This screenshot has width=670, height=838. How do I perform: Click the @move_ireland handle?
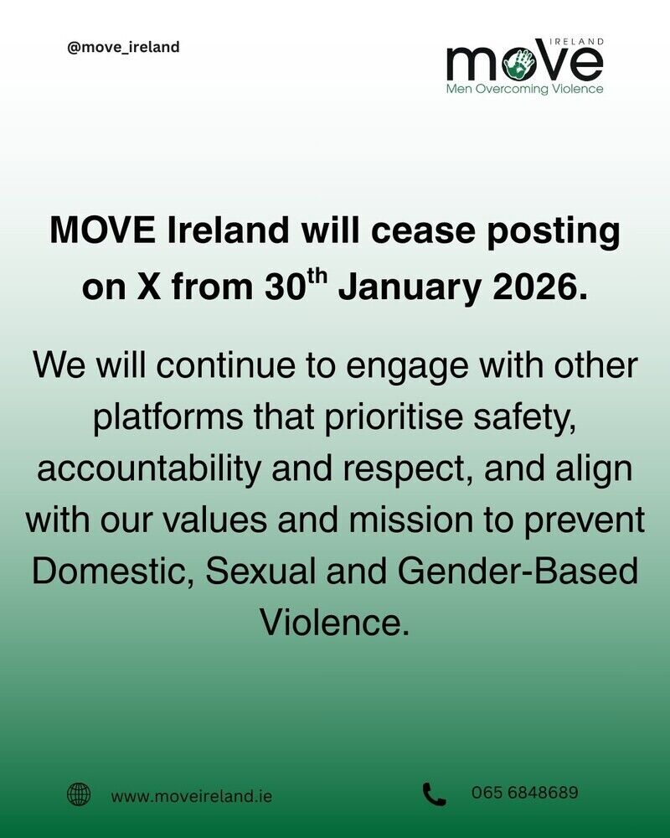123,47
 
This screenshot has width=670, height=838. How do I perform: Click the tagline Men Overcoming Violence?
524,89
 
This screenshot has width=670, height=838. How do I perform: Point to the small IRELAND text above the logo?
577,41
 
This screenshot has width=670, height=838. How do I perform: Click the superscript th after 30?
316,277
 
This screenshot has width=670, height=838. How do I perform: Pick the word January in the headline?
410,288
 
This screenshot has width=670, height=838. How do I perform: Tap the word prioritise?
394,416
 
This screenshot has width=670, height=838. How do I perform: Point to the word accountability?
148,468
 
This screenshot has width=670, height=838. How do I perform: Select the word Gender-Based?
518,571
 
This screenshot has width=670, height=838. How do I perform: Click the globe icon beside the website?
79,794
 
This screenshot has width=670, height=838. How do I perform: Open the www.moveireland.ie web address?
192,796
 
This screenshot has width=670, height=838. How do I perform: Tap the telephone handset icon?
434,794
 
